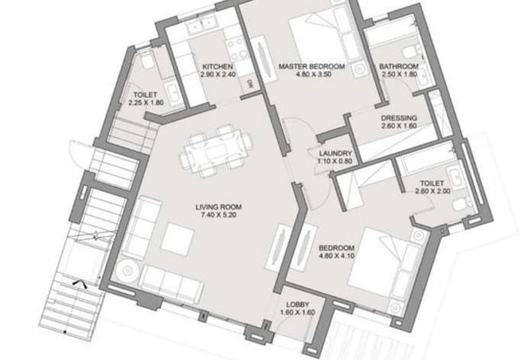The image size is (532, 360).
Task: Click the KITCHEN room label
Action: pos(217,66)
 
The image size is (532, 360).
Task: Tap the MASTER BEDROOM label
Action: pos(311,66)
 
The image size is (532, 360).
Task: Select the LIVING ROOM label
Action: pos(218,207)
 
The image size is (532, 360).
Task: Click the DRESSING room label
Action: pos(399,116)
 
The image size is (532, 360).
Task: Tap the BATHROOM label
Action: pos(398,66)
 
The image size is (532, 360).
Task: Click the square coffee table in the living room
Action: pos(177,237)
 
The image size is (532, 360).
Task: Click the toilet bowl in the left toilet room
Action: pos(148,61)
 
